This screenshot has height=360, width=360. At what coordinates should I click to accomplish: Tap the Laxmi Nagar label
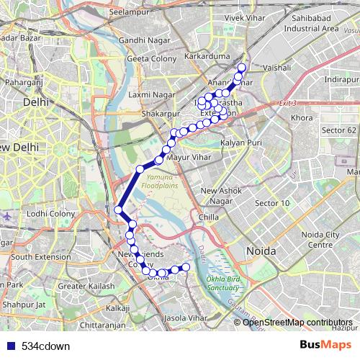pos(149,94)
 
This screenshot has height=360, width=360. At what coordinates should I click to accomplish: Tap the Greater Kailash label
pos(86,286)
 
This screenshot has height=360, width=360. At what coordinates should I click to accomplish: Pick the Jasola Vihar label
pos(186,317)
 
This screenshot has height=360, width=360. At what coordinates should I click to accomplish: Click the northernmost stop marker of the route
pos(241,68)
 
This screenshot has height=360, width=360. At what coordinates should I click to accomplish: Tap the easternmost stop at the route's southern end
pos(186,268)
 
